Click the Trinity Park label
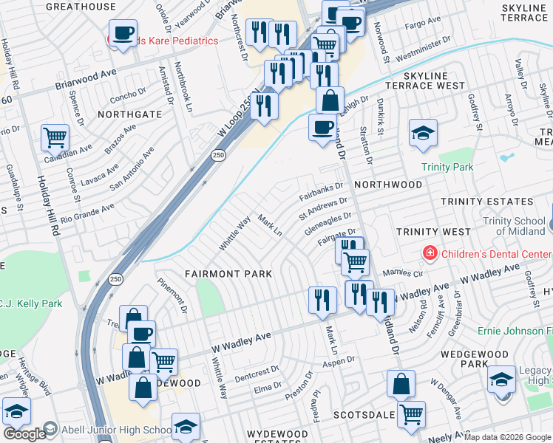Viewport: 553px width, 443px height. [x=447, y=168]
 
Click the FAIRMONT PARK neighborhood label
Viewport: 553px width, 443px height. [x=228, y=274]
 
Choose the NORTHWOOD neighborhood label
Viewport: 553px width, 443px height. [x=388, y=184]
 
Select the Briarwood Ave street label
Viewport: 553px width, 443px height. [x=86, y=80]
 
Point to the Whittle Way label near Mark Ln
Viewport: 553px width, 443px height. [x=235, y=232]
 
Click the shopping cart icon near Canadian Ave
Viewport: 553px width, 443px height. [x=55, y=136]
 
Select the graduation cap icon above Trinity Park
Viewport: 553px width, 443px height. [x=423, y=132]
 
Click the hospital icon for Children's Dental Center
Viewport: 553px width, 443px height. [x=430, y=254]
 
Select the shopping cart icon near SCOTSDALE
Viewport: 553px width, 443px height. [x=411, y=413]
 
